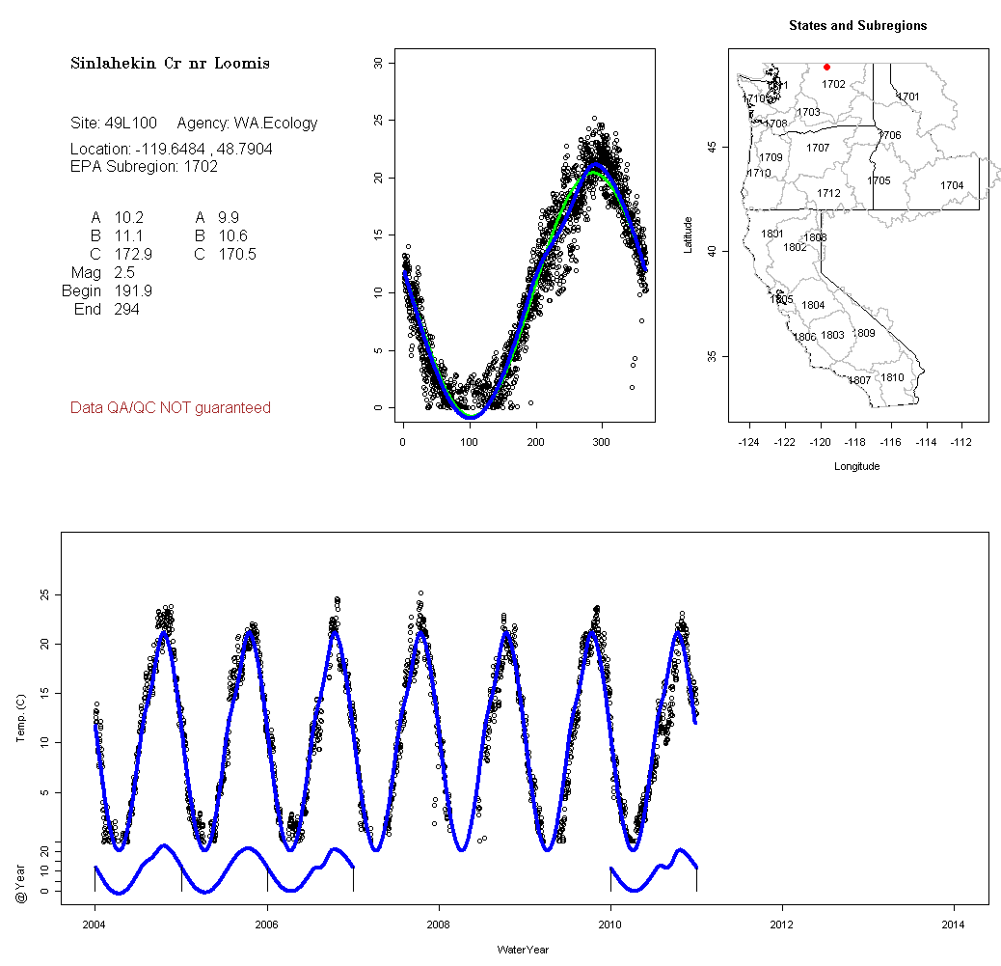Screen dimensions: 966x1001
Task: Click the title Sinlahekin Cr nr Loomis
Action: pos(170,64)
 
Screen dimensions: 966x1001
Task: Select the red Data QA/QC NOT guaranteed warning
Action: pos(171,408)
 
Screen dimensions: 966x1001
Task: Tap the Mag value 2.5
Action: pos(125,273)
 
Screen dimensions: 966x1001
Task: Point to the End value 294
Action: pos(126,310)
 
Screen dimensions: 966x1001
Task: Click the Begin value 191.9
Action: pos(133,291)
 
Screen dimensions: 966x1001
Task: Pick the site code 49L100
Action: pos(130,124)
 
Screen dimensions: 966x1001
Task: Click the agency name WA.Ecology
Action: pos(275,124)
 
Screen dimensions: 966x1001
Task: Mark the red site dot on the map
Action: pos(827,67)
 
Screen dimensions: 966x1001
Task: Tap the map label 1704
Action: pos(952,185)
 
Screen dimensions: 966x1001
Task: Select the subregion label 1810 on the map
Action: pos(893,377)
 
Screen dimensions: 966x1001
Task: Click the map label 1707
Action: pos(818,149)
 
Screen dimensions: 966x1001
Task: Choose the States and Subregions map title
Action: pos(857,26)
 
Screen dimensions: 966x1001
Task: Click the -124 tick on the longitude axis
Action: pos(748,442)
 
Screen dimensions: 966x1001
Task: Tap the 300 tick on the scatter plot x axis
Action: pos(602,442)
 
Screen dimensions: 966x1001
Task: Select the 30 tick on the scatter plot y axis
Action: pos(378,63)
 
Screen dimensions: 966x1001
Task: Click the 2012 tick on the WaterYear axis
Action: pos(782,923)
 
